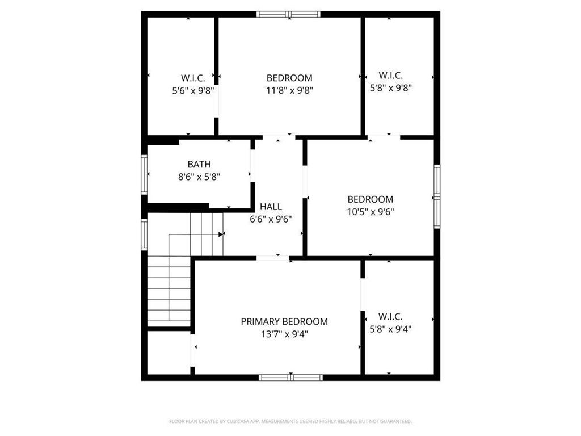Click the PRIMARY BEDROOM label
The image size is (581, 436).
284,321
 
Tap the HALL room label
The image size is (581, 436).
271,207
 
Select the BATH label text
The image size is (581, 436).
199,165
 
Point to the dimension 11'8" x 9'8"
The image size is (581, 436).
289,90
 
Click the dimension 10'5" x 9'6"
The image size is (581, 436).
370,212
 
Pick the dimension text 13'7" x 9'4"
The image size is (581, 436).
284,334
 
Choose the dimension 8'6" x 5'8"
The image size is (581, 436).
199,177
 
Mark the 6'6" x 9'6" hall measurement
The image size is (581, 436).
271,219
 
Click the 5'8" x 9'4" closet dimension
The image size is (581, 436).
390,328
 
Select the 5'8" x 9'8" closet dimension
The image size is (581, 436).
390,87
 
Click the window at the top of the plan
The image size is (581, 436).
288,14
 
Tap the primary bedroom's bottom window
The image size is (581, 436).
290,377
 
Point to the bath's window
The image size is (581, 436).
145,174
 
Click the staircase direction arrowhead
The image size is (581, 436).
221,234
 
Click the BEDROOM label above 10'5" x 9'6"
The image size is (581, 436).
370,199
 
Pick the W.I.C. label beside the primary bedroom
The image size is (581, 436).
390,316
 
